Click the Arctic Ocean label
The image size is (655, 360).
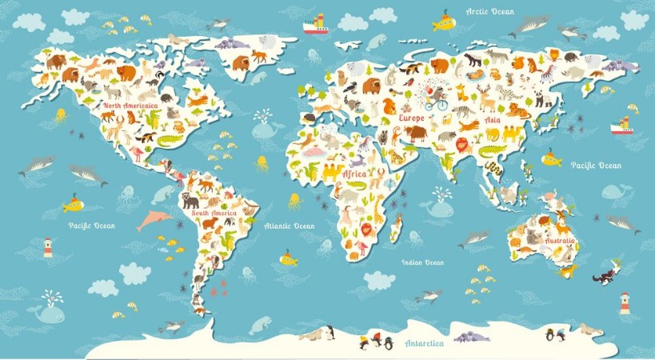pyautogui.click(x=490, y=11)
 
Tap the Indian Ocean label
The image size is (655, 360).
pyautogui.click(x=423, y=262)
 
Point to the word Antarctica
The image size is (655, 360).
pyautogui.click(x=424, y=344)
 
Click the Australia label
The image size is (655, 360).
pyautogui.click(x=559, y=240)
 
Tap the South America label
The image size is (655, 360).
pyautogui.click(x=213, y=214)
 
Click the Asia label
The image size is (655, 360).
pyautogui.click(x=493, y=121)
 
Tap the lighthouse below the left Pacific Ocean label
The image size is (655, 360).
pyautogui.click(x=47, y=247)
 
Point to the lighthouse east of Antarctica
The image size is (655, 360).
pyautogui.click(x=625, y=303)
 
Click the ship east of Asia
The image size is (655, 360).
pyautogui.click(x=621, y=126)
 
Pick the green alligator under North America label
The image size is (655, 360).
pyautogui.click(x=170, y=142)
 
